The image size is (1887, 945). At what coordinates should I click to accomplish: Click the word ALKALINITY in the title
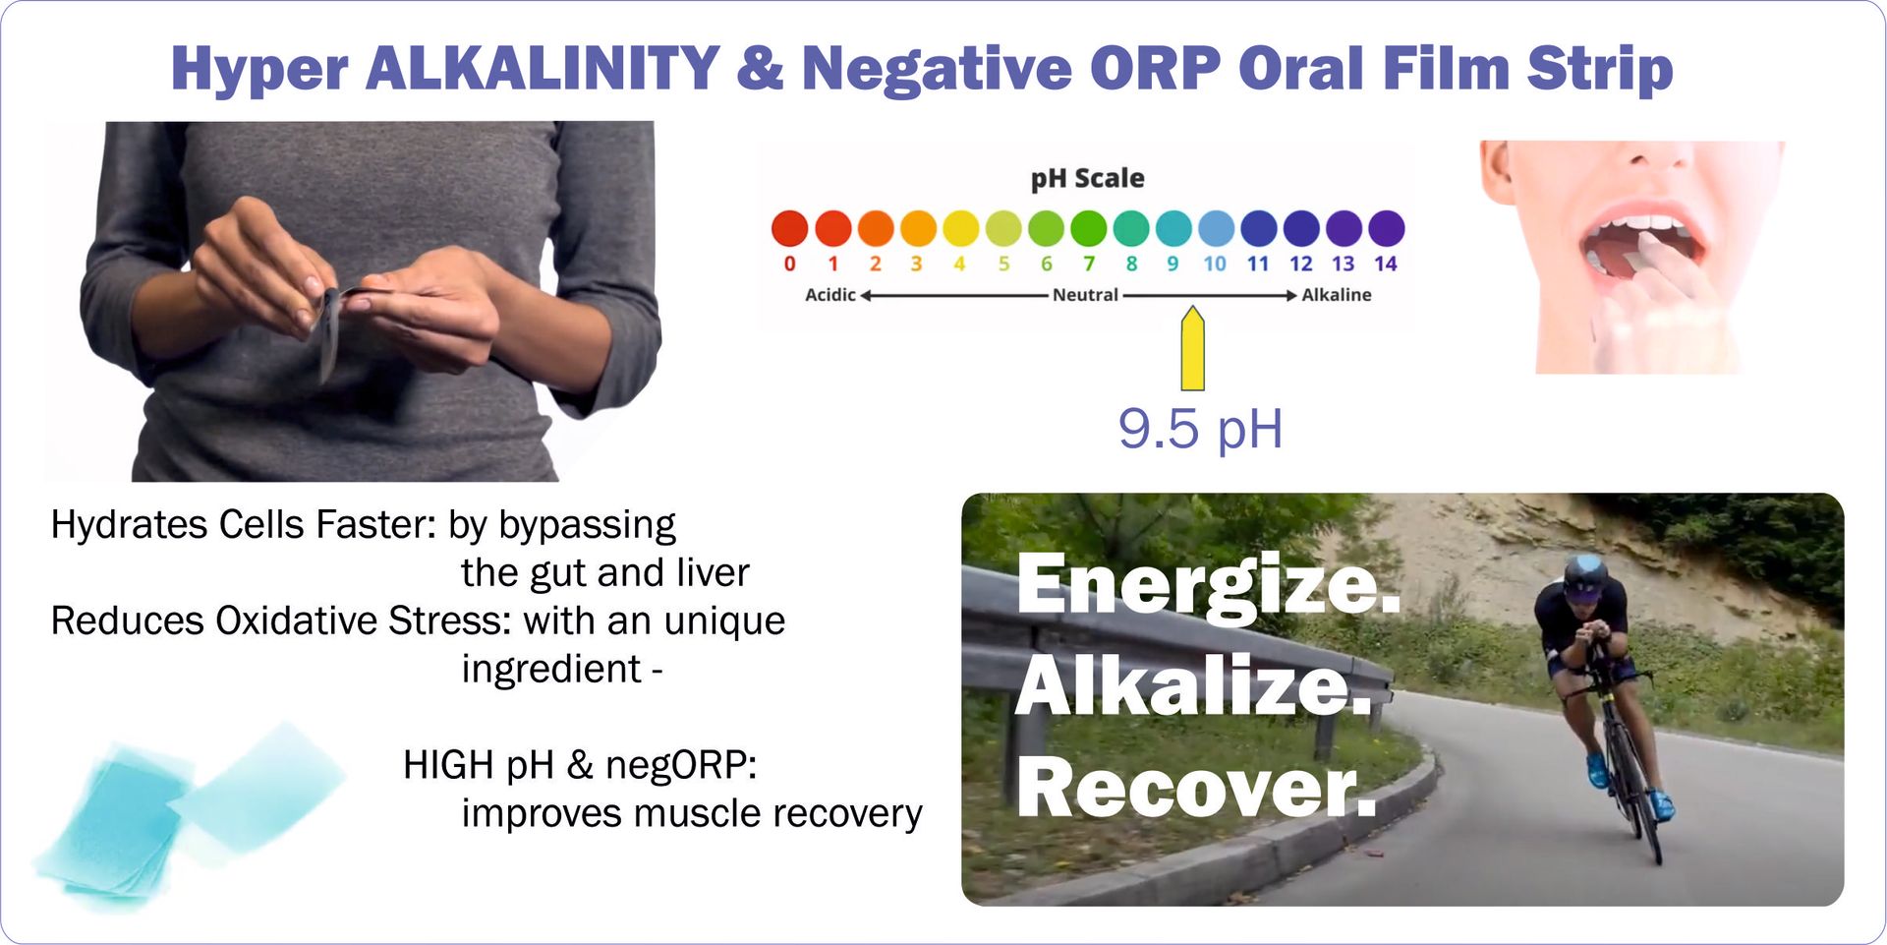coord(543,68)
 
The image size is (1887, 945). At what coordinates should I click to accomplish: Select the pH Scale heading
coord(1087,178)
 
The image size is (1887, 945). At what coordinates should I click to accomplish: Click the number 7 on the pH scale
coord(1089,264)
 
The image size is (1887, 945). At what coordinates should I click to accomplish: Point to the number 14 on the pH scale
coord(1386,264)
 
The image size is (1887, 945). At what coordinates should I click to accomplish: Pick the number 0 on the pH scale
coord(789,264)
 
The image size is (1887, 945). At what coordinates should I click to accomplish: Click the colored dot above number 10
coord(1216,228)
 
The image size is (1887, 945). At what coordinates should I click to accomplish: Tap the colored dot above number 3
coord(918,228)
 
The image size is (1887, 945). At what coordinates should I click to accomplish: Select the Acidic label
coord(830,294)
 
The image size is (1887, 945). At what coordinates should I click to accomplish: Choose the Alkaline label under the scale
coord(1337,294)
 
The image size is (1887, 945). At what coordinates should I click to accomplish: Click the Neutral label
coord(1085,294)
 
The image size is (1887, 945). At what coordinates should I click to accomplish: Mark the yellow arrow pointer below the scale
coord(1192,349)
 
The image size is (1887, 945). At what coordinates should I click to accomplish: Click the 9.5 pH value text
coord(1200,430)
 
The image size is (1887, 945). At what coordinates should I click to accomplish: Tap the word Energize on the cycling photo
coord(1208,585)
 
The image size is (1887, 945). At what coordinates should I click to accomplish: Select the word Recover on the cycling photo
coord(1196,787)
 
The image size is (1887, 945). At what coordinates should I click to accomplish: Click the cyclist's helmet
coord(1583,575)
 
